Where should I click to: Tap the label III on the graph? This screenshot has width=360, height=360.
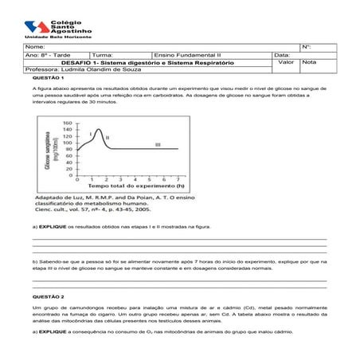tap(158, 144)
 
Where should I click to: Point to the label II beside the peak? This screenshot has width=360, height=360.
tap(107, 137)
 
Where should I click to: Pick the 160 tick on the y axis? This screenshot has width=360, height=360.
tap(68, 123)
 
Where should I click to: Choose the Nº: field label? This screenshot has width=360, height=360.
tap(307, 48)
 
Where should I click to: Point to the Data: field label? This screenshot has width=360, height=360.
tap(282, 54)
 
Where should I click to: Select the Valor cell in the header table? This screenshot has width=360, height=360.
tap(287, 61)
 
